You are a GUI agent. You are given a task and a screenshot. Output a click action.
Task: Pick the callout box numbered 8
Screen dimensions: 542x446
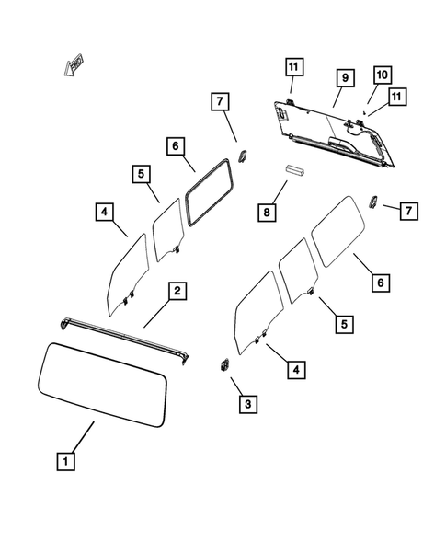point(266,213)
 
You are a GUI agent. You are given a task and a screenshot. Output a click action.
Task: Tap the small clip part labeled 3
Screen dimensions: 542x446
point(223,364)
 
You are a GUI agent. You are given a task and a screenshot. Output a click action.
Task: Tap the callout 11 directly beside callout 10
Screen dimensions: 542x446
point(397,98)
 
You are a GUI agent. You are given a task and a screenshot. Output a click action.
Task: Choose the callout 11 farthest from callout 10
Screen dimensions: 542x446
point(293,66)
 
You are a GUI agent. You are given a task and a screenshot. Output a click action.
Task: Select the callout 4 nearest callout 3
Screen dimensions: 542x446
point(296,369)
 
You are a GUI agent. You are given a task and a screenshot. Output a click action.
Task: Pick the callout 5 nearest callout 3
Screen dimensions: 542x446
point(342,324)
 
